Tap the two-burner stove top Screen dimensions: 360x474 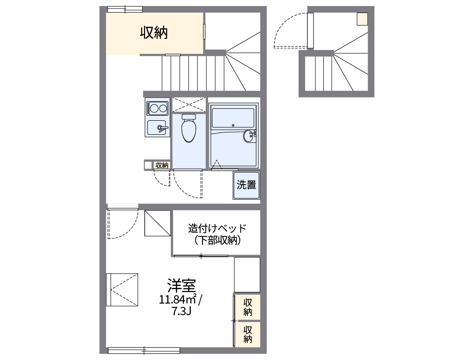157,109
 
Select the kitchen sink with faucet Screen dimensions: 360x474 157,127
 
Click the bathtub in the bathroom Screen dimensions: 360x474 232,117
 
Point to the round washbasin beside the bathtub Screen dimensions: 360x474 249,136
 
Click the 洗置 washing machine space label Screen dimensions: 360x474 246,185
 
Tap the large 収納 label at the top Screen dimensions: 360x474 154,33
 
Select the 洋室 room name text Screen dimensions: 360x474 181,285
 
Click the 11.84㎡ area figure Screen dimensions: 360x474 177,299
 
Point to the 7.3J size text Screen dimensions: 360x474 181,311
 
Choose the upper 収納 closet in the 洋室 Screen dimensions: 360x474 247,307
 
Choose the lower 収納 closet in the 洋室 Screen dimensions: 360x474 247,334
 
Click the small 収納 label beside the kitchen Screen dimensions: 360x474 162,165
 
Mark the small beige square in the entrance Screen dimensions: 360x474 362,19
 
